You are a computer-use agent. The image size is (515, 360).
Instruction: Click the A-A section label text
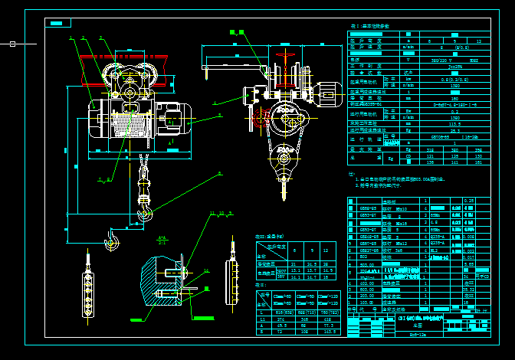162,237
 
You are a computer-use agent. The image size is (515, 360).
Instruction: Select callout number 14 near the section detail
205,270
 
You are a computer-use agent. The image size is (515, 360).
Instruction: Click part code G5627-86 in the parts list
369,250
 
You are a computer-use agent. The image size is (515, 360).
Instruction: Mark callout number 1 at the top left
71,38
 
